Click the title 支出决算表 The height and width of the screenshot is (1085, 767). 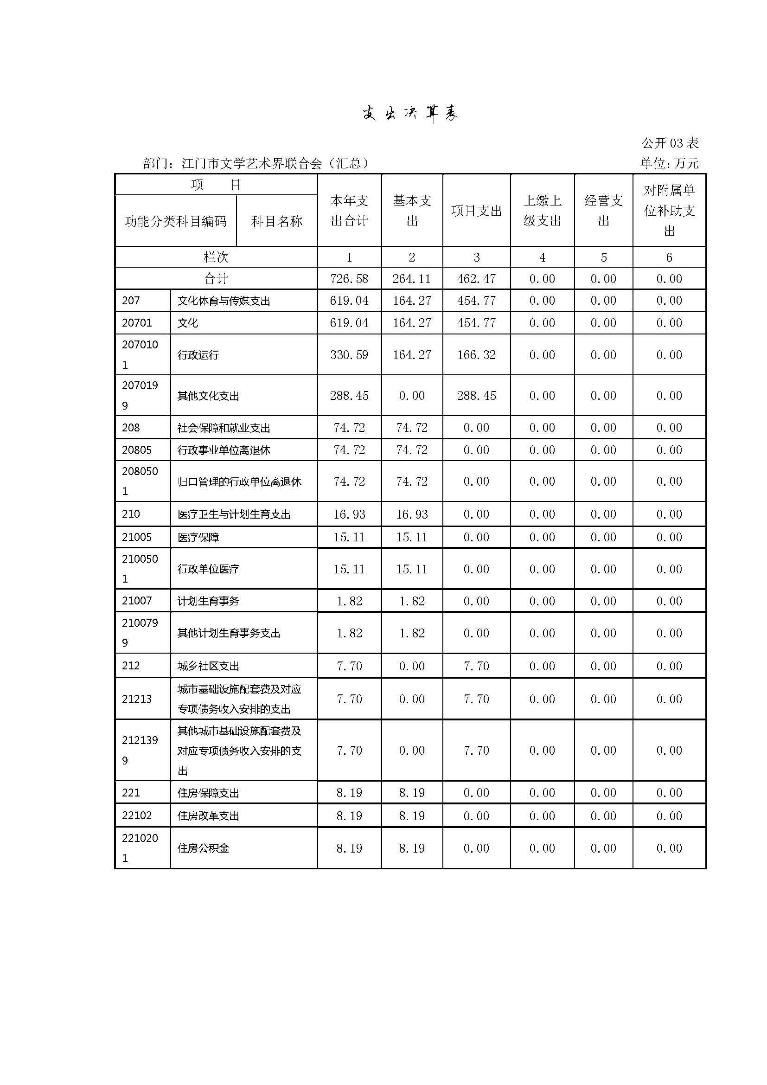[x=410, y=113]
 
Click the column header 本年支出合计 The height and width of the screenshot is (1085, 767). [x=349, y=210]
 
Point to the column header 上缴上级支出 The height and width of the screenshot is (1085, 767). [x=542, y=210]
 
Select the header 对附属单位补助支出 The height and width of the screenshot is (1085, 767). [x=669, y=210]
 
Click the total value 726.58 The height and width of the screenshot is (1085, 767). [x=349, y=279]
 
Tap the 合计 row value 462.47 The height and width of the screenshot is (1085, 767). [x=476, y=279]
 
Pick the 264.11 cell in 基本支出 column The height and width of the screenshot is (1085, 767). [x=411, y=279]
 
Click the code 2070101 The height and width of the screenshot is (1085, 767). [x=140, y=354]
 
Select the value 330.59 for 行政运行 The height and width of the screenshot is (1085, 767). [x=349, y=355]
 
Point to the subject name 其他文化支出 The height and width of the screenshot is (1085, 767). [x=208, y=396]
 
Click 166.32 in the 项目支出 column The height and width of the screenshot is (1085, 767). [x=476, y=355]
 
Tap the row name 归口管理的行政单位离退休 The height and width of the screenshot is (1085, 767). [x=239, y=482]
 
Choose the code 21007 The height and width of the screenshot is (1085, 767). [x=136, y=601]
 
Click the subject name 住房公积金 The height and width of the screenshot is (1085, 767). [x=203, y=848]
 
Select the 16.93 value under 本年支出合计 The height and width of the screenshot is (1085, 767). [x=349, y=514]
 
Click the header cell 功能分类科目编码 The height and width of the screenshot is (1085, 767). [x=176, y=221]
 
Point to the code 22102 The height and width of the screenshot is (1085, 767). [x=136, y=815]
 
